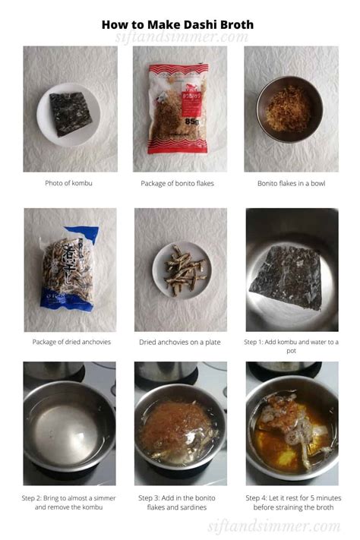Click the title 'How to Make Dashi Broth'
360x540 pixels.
[178, 24]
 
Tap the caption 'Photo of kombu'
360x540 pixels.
[70, 183]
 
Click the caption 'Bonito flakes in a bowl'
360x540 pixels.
[292, 183]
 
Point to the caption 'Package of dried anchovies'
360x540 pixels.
[71, 342]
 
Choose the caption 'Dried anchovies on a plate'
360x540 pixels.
[180, 342]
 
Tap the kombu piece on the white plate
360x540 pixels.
[69, 113]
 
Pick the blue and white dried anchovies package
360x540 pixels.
[68, 268]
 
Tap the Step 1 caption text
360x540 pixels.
[292, 346]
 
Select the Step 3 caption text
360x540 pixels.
[180, 502]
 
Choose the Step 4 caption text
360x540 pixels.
[292, 502]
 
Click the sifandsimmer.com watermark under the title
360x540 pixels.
[181, 38]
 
